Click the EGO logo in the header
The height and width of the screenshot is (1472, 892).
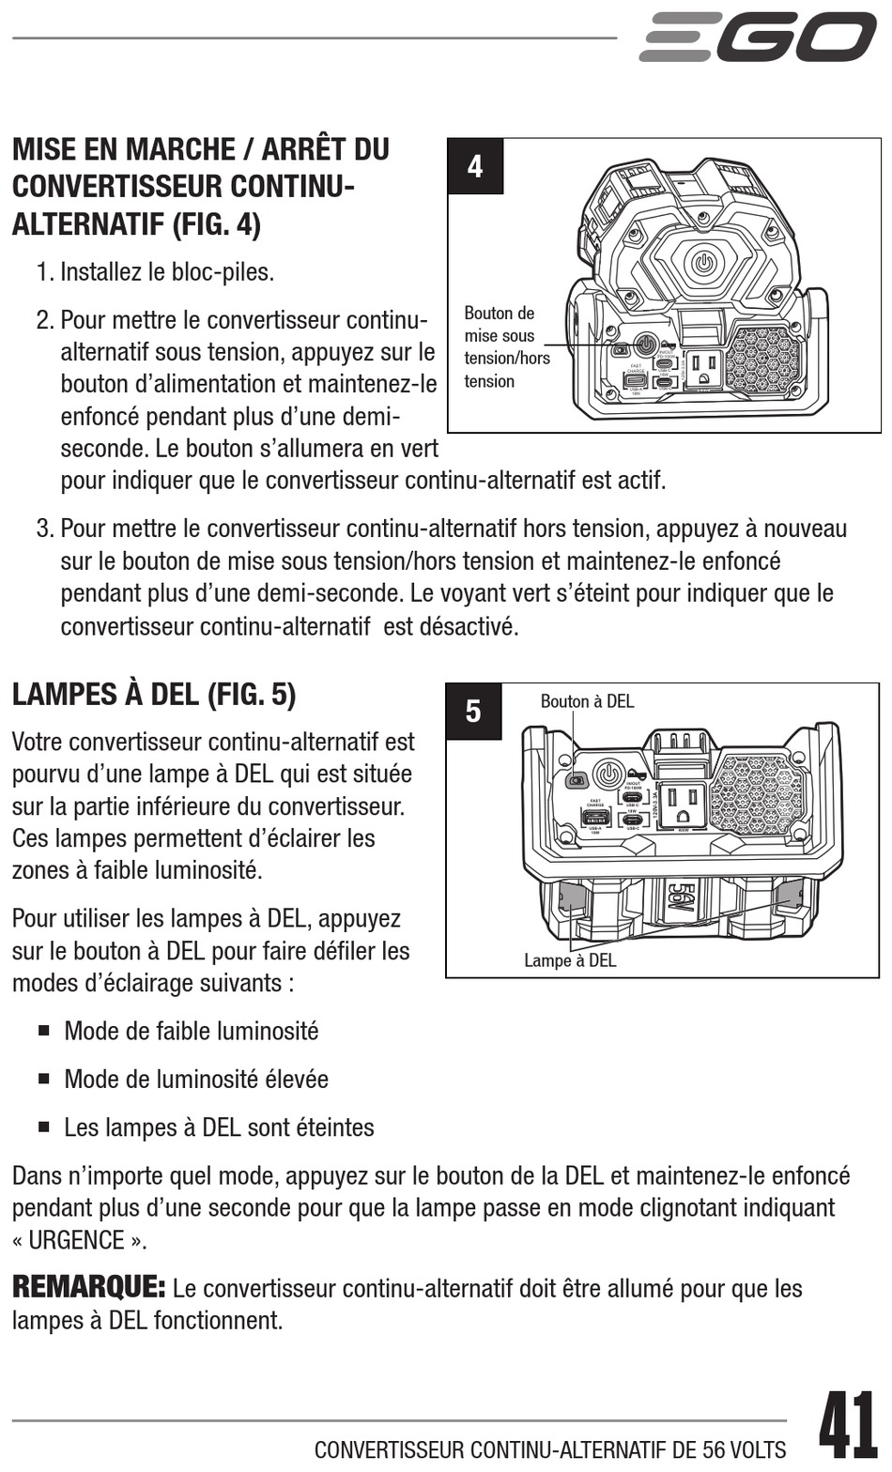click(757, 38)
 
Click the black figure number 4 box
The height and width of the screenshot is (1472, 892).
click(475, 167)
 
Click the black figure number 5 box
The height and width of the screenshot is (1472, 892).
click(473, 712)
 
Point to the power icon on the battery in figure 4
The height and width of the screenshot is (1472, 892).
click(704, 261)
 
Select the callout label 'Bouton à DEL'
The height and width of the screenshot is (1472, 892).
click(587, 701)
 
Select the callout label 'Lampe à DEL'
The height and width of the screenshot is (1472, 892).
click(570, 959)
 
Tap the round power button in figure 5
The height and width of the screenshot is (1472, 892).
click(608, 775)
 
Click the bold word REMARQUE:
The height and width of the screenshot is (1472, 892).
click(89, 1286)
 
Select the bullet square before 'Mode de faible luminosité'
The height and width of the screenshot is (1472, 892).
click(44, 1030)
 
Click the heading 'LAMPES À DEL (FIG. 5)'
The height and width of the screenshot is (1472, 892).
click(154, 695)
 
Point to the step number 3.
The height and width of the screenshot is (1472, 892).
click(44, 529)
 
